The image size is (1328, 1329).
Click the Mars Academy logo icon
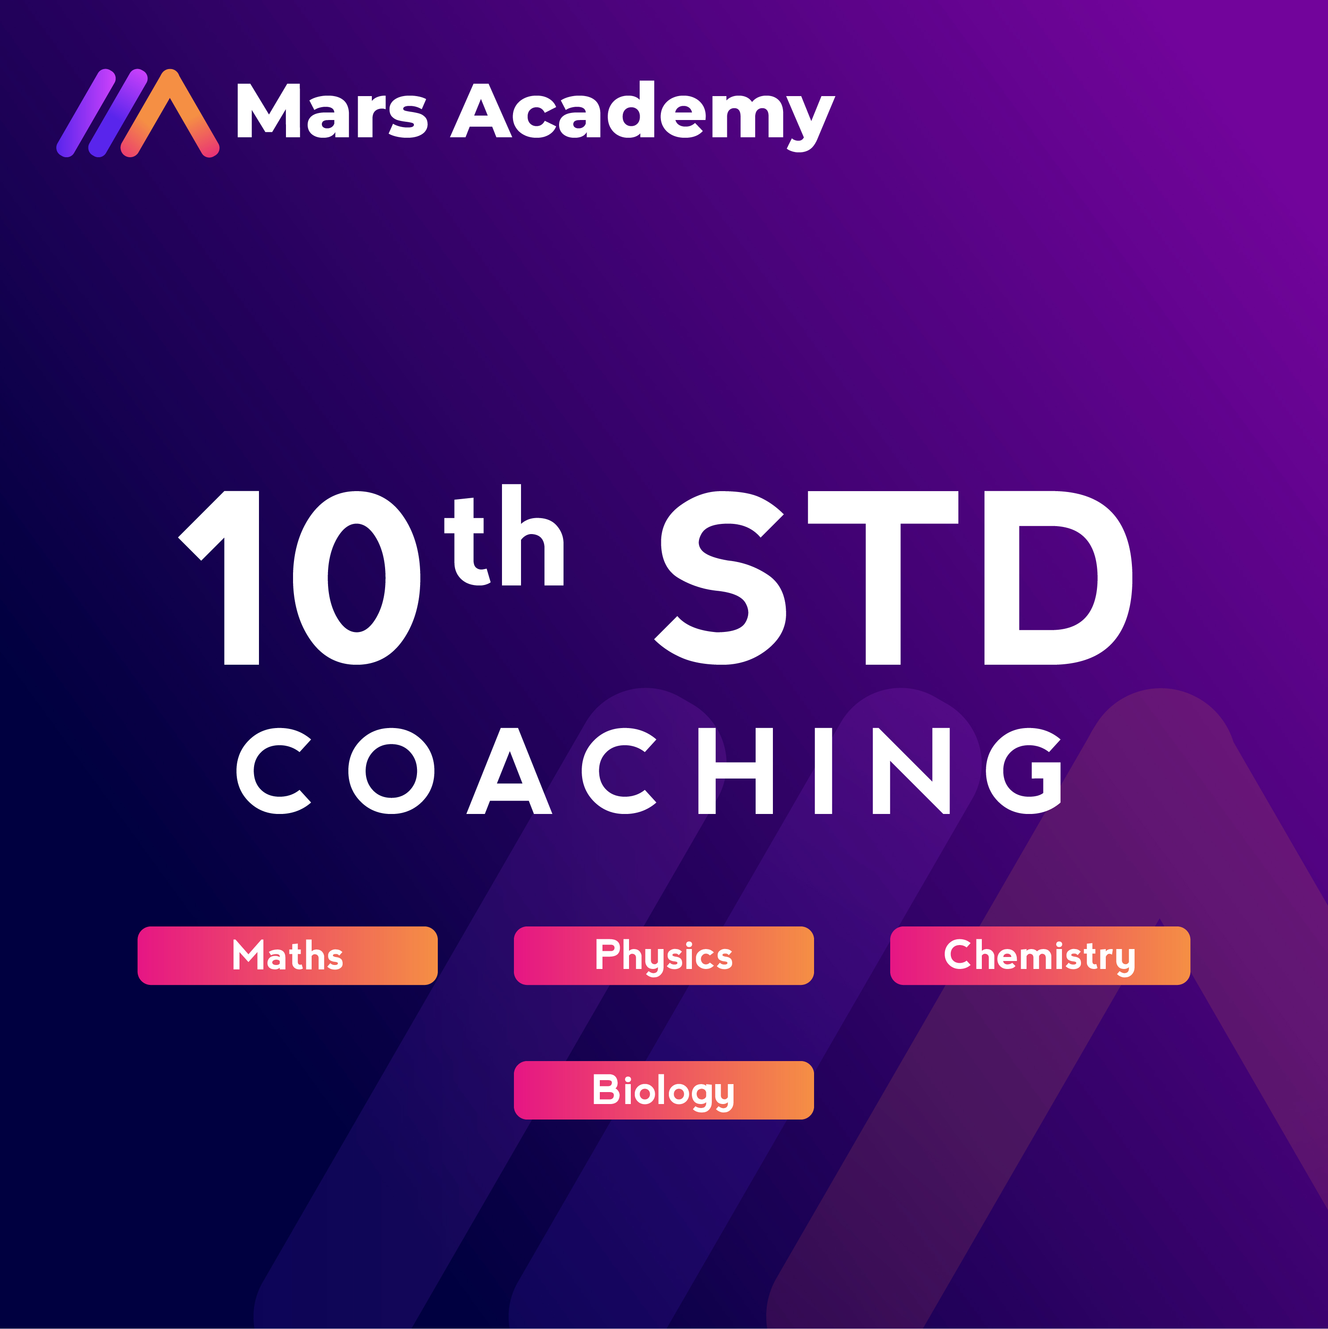click(138, 113)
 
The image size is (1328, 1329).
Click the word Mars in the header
click(332, 110)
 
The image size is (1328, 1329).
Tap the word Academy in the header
click(642, 116)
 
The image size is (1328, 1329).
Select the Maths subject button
click(287, 956)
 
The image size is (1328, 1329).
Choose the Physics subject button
click(664, 956)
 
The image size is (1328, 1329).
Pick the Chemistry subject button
click(1040, 956)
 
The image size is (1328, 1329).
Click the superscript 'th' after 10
click(504, 535)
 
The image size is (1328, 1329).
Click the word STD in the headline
click(893, 578)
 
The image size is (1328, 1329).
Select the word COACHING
click(649, 771)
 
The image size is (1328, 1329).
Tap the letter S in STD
click(720, 578)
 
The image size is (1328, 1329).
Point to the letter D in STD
click(1059, 578)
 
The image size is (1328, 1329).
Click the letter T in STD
click(883, 578)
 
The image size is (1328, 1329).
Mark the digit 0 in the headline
click(357, 578)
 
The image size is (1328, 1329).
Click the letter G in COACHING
click(1023, 771)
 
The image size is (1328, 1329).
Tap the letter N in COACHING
click(911, 771)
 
